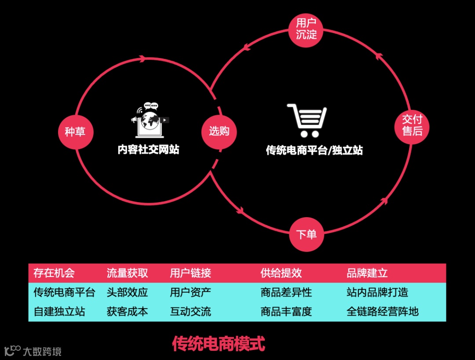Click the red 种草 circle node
click(x=76, y=131)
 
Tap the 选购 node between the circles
click(x=219, y=131)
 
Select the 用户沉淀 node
click(x=306, y=29)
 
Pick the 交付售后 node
click(x=412, y=125)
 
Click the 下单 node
click(x=306, y=234)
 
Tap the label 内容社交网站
click(x=148, y=149)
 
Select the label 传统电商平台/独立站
click(x=314, y=150)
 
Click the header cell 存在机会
click(x=54, y=273)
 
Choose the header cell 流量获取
click(x=127, y=273)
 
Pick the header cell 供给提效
click(x=281, y=273)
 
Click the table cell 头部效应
click(x=127, y=292)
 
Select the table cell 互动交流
click(x=190, y=312)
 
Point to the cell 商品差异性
click(x=286, y=292)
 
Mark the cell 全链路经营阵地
click(x=382, y=312)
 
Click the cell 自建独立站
click(x=59, y=312)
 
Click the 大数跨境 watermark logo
click(x=33, y=351)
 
